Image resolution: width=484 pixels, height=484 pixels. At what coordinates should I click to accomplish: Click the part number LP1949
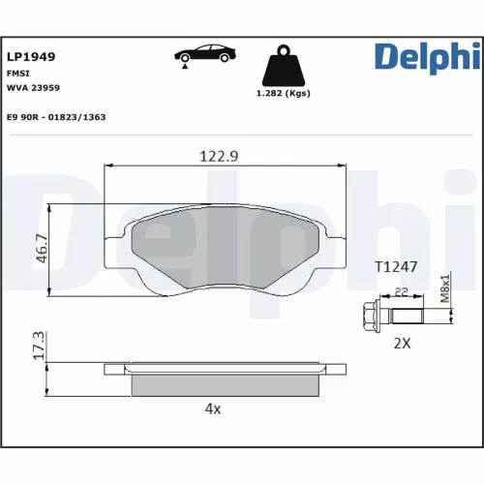pyautogui.click(x=31, y=56)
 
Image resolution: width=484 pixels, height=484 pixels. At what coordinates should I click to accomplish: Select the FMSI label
pyautogui.click(x=18, y=73)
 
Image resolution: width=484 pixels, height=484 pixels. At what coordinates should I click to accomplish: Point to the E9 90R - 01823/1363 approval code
pyautogui.click(x=57, y=116)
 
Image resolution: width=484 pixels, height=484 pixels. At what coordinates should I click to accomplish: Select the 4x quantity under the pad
pyautogui.click(x=213, y=408)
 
